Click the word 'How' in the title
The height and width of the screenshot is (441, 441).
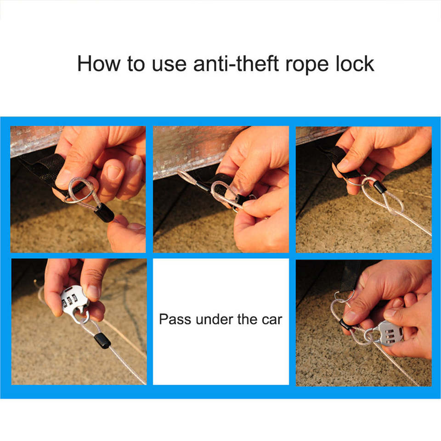coord(99,64)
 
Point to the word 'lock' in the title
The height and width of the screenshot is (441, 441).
coord(355,63)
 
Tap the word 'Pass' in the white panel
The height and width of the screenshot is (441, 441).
coord(175,319)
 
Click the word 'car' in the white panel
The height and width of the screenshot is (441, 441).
coord(271,321)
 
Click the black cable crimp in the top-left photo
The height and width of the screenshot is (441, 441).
coord(104,213)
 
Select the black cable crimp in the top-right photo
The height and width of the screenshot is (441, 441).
coord(379,187)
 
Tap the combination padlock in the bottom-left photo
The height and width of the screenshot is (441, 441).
coord(75,305)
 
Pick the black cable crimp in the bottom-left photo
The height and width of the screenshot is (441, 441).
coord(102,340)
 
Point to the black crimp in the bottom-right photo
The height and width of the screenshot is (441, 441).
coord(345,325)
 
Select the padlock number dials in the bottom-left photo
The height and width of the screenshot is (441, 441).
coord(70,300)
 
